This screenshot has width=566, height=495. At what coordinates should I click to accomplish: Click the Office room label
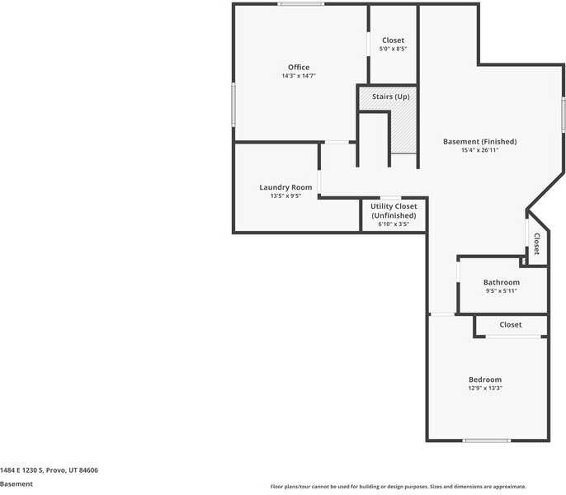(x=299, y=68)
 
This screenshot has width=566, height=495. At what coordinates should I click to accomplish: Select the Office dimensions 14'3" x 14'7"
(x=299, y=76)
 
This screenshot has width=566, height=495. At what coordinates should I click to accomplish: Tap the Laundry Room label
(x=285, y=187)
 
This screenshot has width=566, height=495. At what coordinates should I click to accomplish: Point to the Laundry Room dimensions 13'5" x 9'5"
(x=285, y=196)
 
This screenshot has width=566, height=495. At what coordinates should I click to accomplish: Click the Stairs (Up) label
(x=390, y=97)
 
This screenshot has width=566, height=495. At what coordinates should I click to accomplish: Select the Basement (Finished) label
(x=479, y=142)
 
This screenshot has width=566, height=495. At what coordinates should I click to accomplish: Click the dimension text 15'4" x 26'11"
(x=479, y=151)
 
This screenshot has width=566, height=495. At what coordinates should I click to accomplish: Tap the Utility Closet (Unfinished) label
(x=394, y=210)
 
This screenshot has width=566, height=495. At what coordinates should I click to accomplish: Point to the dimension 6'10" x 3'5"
(x=394, y=224)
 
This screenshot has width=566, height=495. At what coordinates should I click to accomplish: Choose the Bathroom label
(x=501, y=282)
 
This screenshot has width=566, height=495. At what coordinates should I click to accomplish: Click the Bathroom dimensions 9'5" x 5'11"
(x=501, y=291)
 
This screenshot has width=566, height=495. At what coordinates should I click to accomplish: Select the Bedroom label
(x=484, y=379)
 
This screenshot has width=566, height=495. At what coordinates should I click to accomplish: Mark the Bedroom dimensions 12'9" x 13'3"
(x=484, y=389)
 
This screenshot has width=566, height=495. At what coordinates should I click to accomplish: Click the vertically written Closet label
(x=536, y=244)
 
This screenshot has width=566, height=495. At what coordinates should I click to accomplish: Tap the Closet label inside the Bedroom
(x=511, y=325)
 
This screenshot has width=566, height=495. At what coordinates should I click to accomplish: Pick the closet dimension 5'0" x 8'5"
(x=393, y=49)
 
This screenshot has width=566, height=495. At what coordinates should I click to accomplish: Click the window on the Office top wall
(x=300, y=4)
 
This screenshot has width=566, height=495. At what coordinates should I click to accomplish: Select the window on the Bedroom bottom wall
(x=486, y=441)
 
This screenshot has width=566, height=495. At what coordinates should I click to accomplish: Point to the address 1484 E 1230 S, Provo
(x=50, y=470)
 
